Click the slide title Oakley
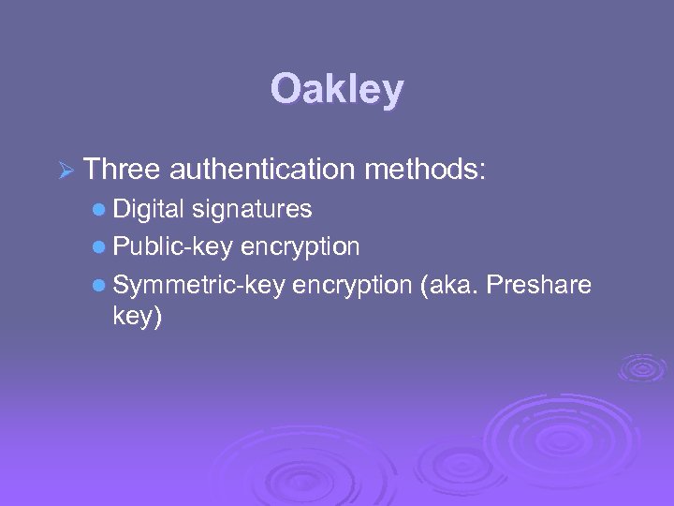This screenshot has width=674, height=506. coord(337,90)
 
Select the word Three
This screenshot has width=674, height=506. coord(122,169)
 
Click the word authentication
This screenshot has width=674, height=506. coord(261,170)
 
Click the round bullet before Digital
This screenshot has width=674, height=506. coord(100,209)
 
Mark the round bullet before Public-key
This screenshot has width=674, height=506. coord(100,247)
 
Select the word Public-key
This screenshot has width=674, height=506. coord(172,246)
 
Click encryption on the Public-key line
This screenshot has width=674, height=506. coord(300,246)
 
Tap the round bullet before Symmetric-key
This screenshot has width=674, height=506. coord(100,285)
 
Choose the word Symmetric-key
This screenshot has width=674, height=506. coord(198,285)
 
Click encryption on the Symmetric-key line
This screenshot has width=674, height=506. coord(351,285)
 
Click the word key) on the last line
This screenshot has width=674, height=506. coord(137,317)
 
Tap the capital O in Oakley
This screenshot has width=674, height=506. coord(286,90)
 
